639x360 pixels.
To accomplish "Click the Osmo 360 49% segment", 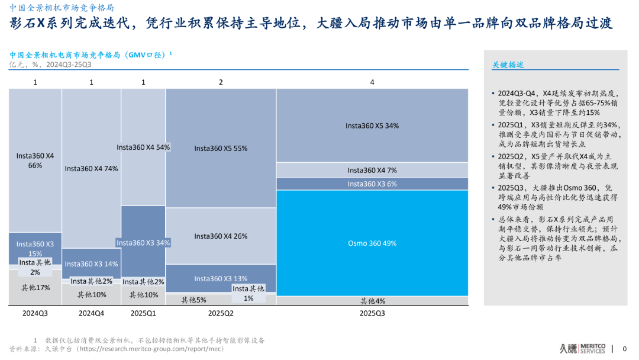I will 372,243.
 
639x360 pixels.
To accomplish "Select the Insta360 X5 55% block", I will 221,149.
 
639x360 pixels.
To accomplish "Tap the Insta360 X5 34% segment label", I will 372,126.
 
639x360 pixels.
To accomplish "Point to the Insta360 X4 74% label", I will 91,168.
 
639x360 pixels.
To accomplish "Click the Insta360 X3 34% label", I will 143,243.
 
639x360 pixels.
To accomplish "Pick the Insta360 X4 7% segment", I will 372,171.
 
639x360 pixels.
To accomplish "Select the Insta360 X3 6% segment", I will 372,184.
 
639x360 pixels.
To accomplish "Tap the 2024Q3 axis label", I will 35,313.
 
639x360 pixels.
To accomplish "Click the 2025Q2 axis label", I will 221,313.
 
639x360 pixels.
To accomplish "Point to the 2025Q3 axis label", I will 372,313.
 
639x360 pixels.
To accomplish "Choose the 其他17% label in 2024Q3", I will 35,288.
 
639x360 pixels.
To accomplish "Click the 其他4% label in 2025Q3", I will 373,301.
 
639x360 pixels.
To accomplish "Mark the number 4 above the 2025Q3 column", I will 372,82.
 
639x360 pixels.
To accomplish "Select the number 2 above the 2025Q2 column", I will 221,82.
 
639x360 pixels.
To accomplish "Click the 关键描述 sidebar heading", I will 508,65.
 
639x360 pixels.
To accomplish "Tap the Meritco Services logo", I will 582,349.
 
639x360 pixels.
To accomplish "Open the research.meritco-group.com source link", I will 151,349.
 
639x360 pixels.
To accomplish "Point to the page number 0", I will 624,349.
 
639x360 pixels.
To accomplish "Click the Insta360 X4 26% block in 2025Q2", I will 221,236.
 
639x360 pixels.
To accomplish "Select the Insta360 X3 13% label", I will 221,278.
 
